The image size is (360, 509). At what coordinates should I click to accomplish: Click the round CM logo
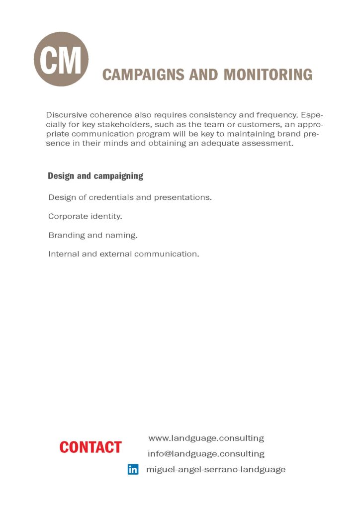click(x=61, y=59)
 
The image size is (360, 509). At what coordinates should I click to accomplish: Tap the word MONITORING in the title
click(x=268, y=75)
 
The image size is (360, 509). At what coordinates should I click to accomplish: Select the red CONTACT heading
click(x=90, y=447)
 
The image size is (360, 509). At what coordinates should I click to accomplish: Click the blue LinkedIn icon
click(x=133, y=469)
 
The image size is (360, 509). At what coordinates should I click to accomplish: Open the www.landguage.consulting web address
click(x=206, y=438)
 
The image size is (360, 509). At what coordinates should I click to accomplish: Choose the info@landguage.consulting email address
click(x=206, y=454)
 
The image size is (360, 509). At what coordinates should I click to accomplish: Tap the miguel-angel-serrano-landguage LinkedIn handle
click(x=216, y=469)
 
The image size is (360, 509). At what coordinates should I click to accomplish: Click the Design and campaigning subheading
click(x=95, y=176)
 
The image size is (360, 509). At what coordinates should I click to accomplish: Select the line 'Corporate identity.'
click(x=85, y=217)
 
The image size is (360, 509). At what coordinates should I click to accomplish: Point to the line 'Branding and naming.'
click(x=93, y=236)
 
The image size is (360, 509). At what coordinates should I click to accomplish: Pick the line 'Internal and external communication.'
click(x=123, y=254)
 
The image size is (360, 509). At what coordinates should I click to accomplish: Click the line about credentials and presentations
click(x=130, y=197)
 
